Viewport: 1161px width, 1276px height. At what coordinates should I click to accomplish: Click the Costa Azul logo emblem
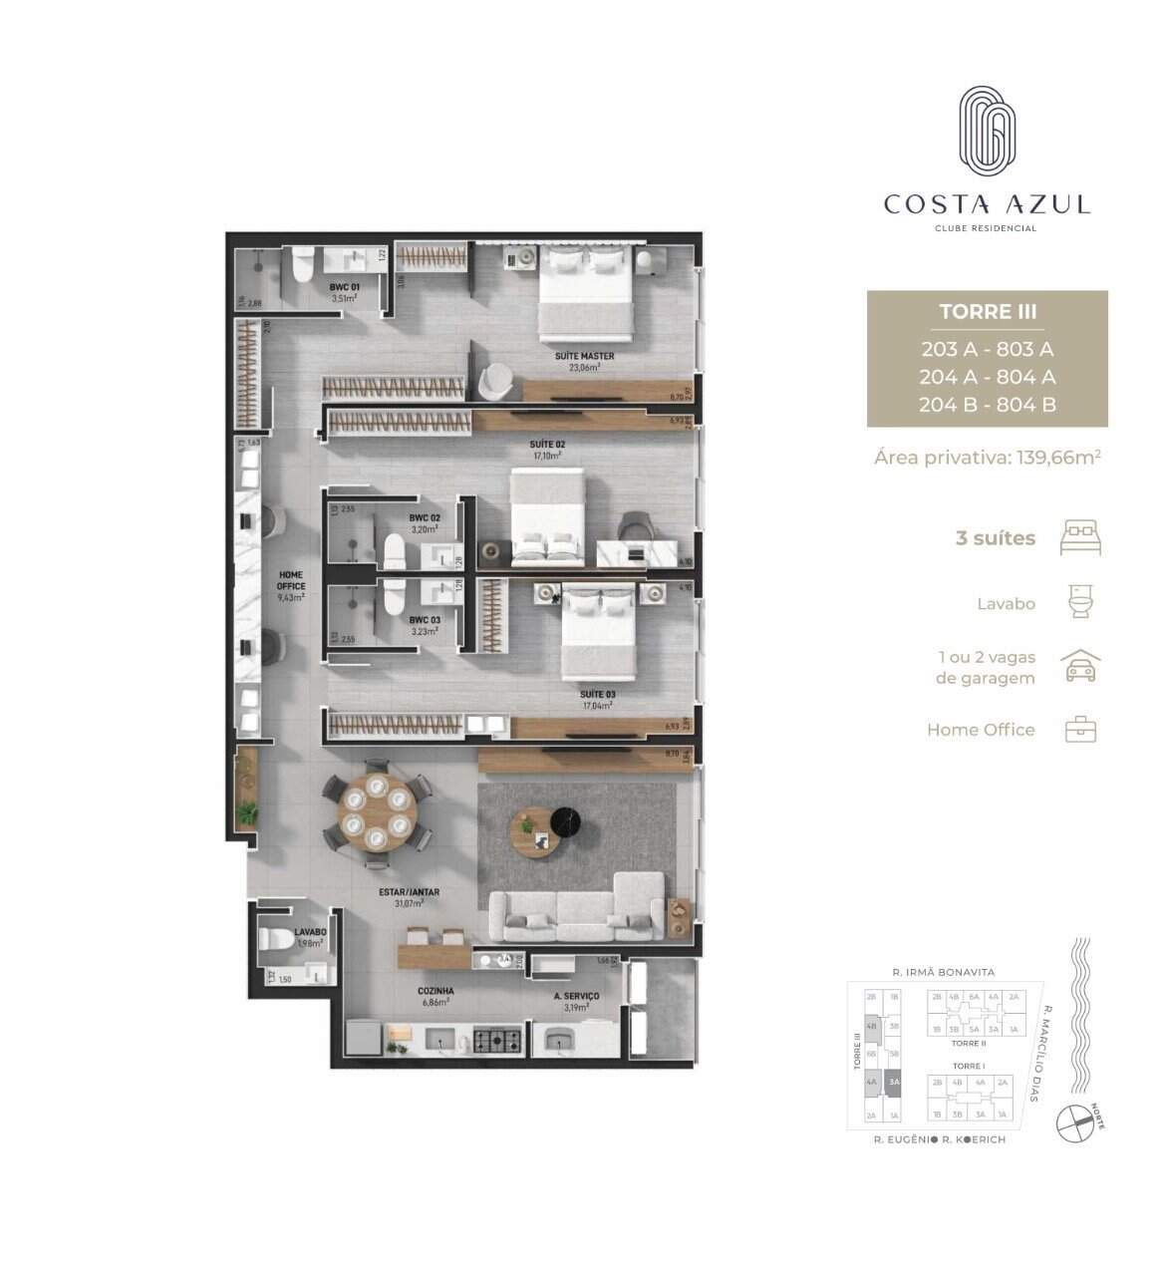coord(987,129)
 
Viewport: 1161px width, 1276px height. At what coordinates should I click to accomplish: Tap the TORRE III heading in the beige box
coord(987,311)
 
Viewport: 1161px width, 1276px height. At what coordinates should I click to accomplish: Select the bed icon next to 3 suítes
coord(1081,537)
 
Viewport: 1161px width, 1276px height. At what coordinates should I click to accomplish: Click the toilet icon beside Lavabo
coord(1081,602)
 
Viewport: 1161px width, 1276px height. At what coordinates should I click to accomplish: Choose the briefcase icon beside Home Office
coord(1081,730)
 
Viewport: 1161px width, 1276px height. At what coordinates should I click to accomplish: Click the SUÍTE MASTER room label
coord(584,356)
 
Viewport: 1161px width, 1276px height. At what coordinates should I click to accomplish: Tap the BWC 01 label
coord(344,287)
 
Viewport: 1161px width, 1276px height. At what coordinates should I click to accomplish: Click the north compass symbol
coord(1075,1122)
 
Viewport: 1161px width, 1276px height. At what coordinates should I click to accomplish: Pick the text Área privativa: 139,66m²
coord(987,458)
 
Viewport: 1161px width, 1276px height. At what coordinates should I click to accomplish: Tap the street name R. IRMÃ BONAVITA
coord(943,972)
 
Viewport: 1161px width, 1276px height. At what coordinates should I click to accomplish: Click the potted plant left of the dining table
coord(246,809)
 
